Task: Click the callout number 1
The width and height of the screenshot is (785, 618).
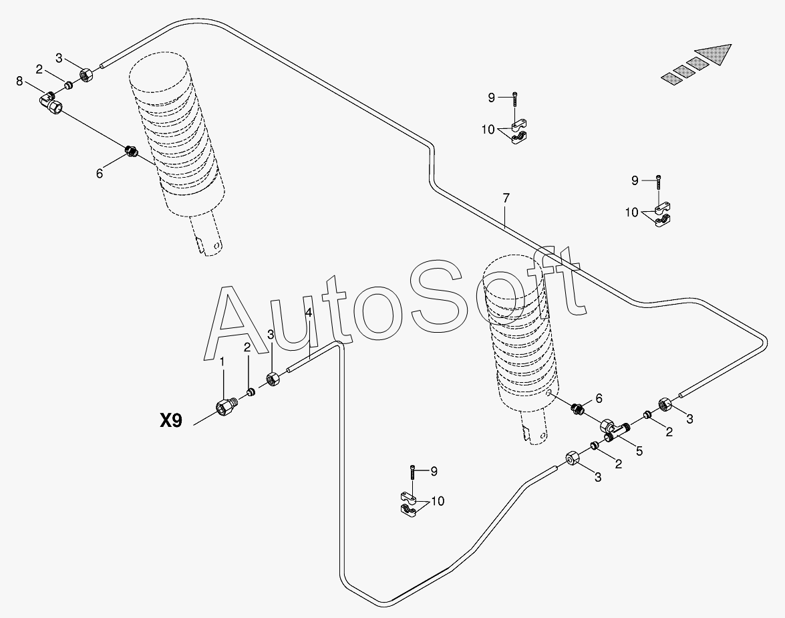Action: [222, 361]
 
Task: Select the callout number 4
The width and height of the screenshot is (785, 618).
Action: [308, 313]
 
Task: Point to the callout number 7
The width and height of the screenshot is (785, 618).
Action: [506, 198]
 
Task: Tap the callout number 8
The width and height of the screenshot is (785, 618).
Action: [19, 82]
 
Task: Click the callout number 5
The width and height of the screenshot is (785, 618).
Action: [639, 451]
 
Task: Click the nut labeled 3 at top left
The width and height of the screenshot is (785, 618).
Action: [86, 73]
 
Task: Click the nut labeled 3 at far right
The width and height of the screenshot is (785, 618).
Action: [666, 404]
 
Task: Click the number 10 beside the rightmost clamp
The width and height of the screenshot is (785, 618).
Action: [632, 212]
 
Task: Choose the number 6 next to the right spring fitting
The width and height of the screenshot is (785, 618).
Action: [599, 398]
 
